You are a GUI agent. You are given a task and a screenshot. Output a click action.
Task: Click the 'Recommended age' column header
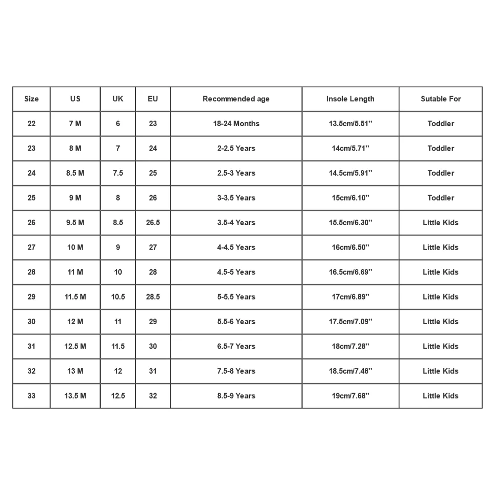pos(236,99)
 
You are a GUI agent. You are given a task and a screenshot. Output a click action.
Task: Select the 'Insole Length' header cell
pos(350,99)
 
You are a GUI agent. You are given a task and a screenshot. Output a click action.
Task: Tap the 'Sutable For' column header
pos(441,99)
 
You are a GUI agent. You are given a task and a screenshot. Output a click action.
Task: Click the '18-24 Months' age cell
pos(236,124)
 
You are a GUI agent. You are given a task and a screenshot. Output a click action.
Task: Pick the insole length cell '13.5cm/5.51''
pos(350,124)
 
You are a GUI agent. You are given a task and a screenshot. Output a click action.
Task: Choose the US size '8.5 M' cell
pos(75,173)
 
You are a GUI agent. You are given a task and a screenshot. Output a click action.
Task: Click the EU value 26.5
pos(153,223)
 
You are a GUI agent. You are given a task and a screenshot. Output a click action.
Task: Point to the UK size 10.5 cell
pos(118,297)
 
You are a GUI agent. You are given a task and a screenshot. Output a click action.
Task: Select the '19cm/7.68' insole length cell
pos(350,396)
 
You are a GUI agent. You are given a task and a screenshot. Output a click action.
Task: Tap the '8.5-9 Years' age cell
pos(236,396)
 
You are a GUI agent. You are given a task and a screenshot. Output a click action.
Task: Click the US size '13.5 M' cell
pos(75,396)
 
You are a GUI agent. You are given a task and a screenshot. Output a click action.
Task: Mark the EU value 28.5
pos(153,297)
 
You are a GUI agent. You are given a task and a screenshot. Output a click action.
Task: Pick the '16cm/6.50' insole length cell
pos(350,247)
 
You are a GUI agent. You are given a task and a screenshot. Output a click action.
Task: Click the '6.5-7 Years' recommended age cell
pos(236,346)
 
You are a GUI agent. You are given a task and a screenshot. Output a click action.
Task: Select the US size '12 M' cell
pos(75,322)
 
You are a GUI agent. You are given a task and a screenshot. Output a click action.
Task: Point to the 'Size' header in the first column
pos(31,99)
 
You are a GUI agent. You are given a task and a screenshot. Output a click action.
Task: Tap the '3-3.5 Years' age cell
pos(236,198)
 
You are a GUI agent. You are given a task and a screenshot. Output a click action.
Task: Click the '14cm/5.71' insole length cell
pos(350,148)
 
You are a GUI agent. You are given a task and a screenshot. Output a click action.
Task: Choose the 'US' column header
pos(75,99)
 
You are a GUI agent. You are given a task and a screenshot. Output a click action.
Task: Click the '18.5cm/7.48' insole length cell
pos(350,371)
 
